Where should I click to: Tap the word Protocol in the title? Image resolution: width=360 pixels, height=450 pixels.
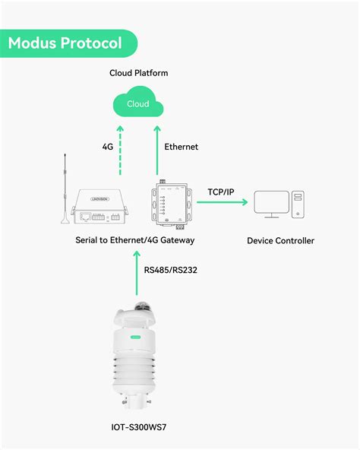tap(93, 43)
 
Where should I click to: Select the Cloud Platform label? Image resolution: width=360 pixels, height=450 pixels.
tap(138, 73)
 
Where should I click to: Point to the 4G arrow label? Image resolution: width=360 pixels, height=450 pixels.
tap(108, 147)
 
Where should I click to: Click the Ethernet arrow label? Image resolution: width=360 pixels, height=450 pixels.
tap(181, 147)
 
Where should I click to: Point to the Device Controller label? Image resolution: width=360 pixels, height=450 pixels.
tap(280, 241)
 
